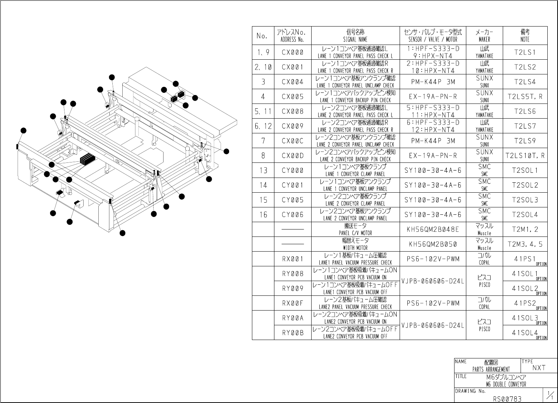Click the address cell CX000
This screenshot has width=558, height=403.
(292, 53)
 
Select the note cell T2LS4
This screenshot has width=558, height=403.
(525, 82)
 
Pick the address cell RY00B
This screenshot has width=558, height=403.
(292, 333)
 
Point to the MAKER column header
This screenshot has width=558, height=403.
(484, 36)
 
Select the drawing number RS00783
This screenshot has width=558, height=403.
(507, 398)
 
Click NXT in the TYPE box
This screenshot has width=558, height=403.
(538, 368)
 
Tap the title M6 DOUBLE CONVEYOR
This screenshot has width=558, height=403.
(506, 381)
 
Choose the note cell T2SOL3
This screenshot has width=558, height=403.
(525, 200)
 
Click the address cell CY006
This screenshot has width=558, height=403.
(292, 215)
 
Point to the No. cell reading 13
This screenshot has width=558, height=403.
(263, 171)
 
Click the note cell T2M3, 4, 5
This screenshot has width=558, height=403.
(525, 244)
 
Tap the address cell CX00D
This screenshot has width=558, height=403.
(292, 156)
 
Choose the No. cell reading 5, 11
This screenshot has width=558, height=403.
(263, 112)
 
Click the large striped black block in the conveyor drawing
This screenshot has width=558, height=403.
(87, 160)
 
